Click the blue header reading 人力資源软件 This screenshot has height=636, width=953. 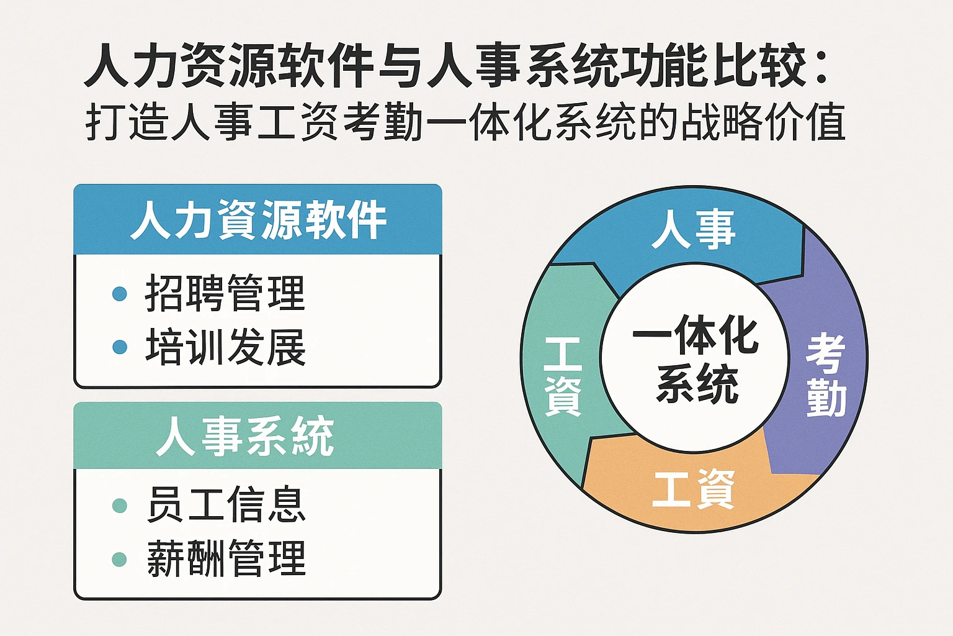coord(257,220)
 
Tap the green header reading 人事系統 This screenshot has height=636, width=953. coord(245,436)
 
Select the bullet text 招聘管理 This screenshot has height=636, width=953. coord(225,293)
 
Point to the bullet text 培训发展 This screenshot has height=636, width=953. coord(225,347)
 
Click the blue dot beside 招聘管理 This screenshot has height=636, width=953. coord(120,294)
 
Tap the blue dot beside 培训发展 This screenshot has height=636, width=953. coord(120,347)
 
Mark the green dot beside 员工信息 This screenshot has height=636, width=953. coord(119,506)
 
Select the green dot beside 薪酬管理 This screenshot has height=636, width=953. coord(119,559)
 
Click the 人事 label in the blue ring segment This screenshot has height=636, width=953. coord(694,229)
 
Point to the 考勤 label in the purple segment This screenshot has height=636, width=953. coord(826,375)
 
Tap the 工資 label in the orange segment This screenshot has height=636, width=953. coord(694,489)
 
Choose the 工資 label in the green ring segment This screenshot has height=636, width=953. coord(563,376)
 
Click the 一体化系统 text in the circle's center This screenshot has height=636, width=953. coord(696,358)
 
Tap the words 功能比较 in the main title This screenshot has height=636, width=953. coord(714,65)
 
